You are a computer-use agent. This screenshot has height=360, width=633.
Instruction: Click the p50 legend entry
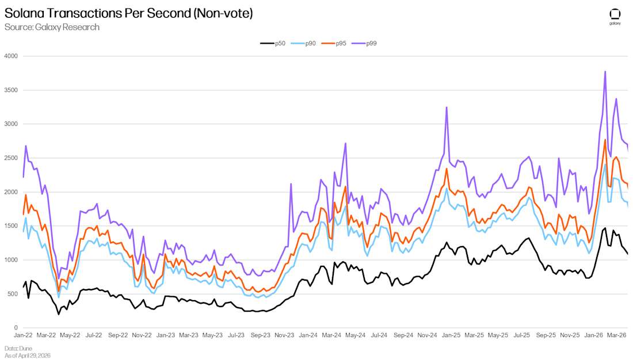[273, 43]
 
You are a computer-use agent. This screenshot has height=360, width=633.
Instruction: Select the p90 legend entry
[303, 43]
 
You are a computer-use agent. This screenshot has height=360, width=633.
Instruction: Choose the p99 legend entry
[364, 43]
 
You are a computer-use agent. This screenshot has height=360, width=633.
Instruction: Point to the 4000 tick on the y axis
[11, 56]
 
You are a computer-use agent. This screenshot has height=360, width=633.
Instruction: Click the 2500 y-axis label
[11, 158]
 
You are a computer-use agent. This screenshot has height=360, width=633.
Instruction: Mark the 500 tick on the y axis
[13, 294]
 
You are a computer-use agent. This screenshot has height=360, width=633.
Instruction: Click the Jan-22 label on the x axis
[23, 335]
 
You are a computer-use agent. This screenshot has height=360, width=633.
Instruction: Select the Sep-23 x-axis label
[260, 335]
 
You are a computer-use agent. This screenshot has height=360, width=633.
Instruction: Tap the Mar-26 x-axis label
[617, 335]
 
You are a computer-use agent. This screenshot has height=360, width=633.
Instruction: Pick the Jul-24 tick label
[379, 335]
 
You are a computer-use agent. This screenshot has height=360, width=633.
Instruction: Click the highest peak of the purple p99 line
[605, 72]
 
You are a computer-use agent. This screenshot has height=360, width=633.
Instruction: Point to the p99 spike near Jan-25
[447, 108]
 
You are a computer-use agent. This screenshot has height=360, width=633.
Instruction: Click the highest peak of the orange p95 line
[605, 140]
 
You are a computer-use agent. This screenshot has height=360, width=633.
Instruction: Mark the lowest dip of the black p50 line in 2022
[59, 314]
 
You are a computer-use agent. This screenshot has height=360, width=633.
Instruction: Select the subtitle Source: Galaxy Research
[52, 27]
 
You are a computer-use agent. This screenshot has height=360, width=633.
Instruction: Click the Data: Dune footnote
[18, 348]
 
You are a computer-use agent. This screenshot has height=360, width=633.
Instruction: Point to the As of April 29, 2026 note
[28, 355]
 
